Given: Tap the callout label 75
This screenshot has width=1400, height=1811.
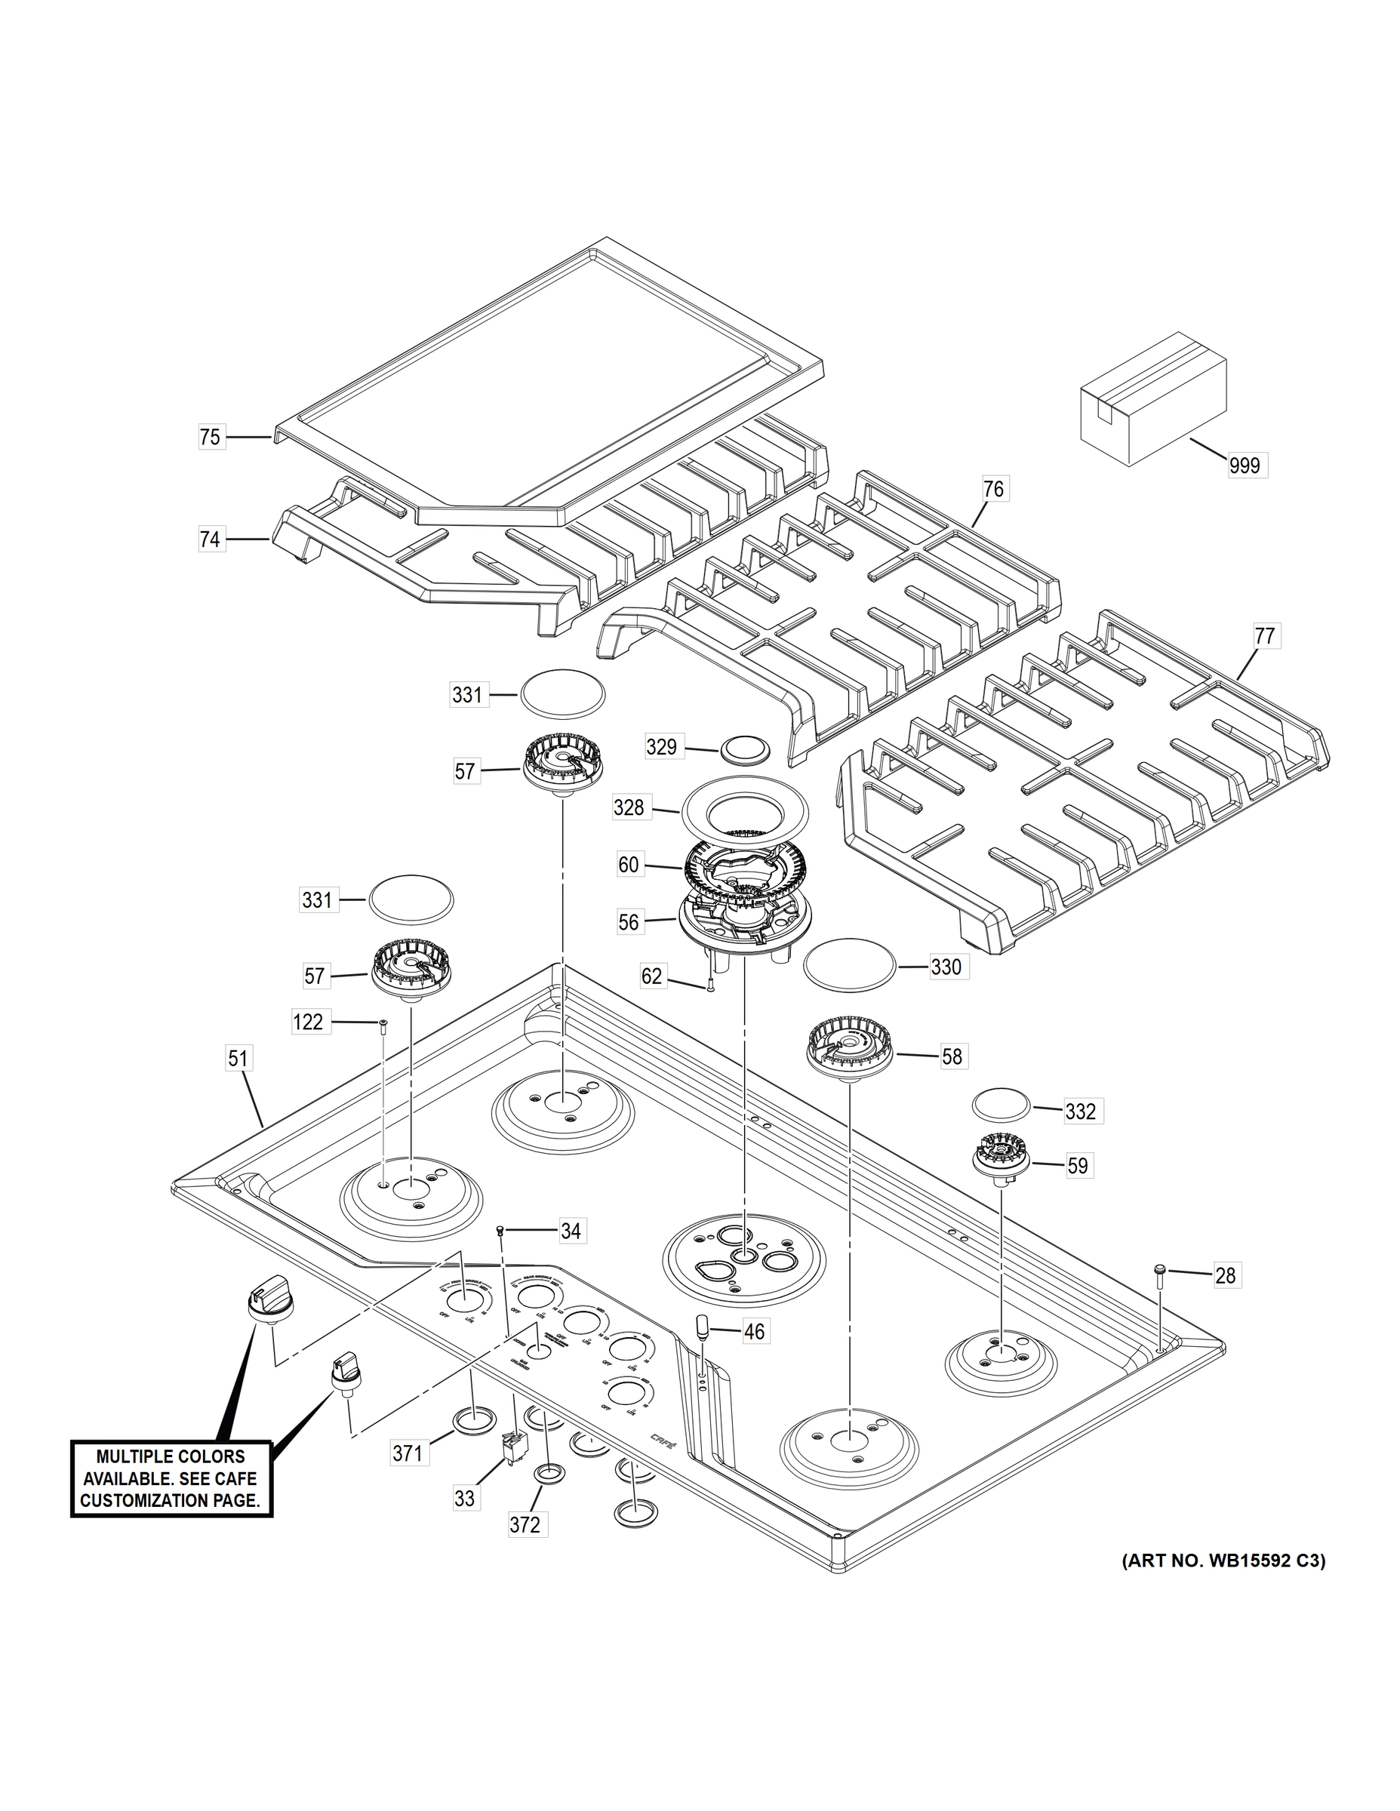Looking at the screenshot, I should [210, 437].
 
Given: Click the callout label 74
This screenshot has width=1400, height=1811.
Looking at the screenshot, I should [210, 540].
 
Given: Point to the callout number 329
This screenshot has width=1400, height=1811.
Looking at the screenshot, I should [661, 747].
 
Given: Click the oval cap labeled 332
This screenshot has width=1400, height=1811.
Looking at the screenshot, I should [1000, 1107].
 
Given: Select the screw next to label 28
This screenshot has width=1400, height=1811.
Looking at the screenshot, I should [1160, 1295].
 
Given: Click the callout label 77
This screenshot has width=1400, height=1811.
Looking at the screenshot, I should [1264, 637].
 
